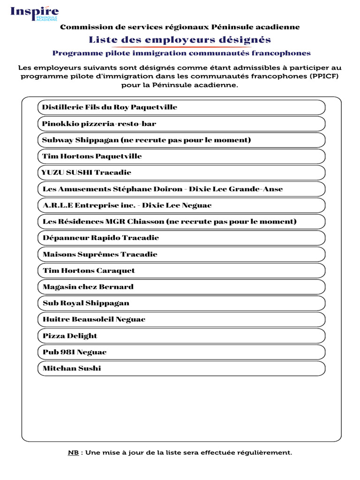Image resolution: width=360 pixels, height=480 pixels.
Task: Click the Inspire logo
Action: point(35,13)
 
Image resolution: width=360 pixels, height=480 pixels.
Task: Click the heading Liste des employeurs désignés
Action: point(180,39)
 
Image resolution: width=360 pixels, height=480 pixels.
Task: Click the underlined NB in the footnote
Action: point(73,453)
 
